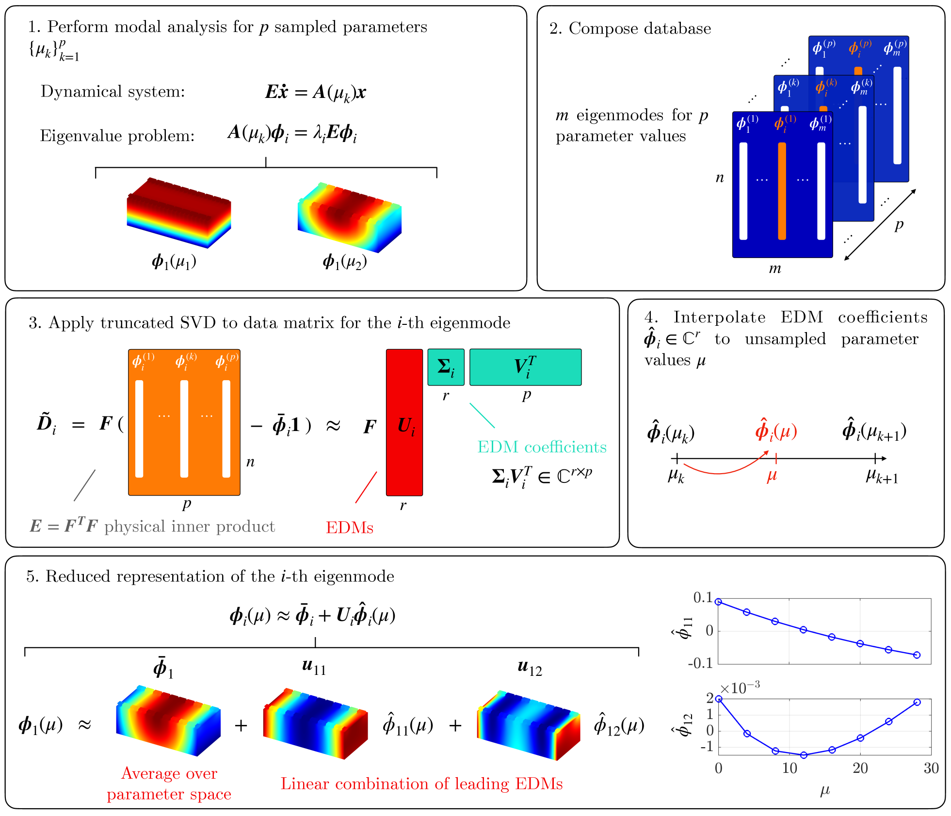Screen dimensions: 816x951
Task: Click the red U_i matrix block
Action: [404, 422]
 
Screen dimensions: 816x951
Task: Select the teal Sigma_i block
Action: [446, 367]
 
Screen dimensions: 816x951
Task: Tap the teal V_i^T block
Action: [525, 367]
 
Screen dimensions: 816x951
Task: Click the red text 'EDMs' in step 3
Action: [349, 528]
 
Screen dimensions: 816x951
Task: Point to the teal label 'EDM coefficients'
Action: [542, 447]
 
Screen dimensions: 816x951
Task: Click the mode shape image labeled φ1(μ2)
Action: [349, 217]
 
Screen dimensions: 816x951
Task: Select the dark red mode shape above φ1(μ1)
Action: [178, 212]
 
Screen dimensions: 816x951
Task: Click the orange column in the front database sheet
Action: [782, 191]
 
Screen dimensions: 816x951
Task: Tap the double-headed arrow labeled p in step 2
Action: [880, 224]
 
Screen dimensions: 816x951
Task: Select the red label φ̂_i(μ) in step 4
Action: [776, 430]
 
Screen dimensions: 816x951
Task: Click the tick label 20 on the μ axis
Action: [860, 768]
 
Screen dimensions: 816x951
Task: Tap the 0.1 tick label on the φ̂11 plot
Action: [703, 598]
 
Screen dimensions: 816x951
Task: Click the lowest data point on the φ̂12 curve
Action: [804, 755]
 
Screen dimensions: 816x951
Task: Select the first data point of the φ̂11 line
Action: [719, 602]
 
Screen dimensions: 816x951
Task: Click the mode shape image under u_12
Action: [528, 725]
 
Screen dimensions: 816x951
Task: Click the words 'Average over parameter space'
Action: [169, 784]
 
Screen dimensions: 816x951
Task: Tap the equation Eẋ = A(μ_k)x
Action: [315, 92]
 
